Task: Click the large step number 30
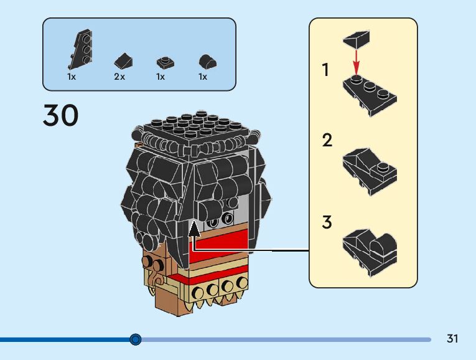61,115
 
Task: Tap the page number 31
452,338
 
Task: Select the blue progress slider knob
136,339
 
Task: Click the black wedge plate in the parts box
80,49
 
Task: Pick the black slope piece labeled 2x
123,60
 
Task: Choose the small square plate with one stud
166,62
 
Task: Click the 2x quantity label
119,77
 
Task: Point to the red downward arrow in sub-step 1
356,62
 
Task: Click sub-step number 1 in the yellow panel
325,70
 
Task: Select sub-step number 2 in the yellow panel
327,140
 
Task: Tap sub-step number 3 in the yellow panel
327,222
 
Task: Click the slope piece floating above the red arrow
357,39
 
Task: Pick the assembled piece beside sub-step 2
370,172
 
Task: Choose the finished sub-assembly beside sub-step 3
370,253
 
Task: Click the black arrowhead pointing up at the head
194,229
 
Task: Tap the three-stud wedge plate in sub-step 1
370,95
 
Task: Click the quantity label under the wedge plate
72,77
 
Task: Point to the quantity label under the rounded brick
203,77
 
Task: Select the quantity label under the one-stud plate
161,77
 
